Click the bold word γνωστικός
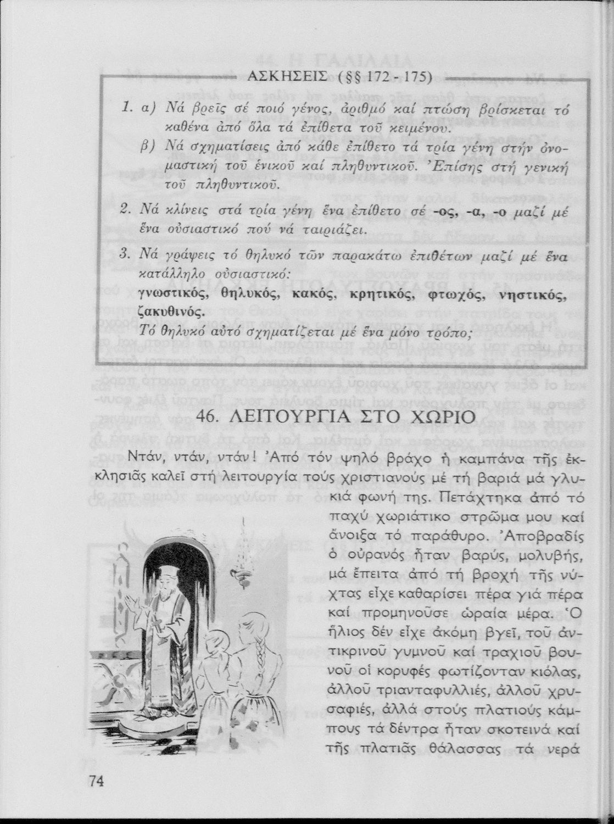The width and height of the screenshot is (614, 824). click(175, 294)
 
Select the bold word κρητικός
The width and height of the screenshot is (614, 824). click(379, 294)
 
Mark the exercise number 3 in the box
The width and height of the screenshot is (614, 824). click(124, 254)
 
